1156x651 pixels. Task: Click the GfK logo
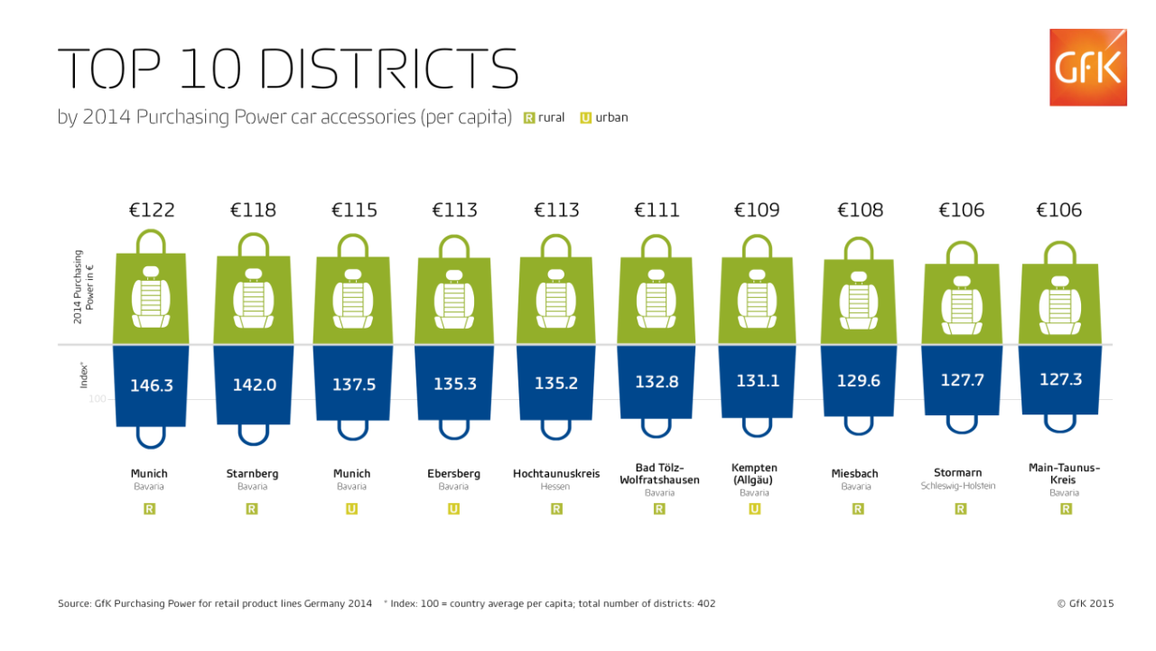point(1088,68)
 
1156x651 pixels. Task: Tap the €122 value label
point(152,210)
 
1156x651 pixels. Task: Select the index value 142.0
point(255,385)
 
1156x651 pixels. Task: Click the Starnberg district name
point(252,473)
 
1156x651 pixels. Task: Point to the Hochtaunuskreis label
point(556,473)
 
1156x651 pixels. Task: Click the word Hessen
point(555,487)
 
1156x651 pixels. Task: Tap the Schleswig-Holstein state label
point(958,486)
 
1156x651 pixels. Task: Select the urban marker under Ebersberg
point(453,509)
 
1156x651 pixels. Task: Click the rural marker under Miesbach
point(858,509)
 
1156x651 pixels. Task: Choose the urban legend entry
point(604,117)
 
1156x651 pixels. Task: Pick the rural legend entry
point(544,117)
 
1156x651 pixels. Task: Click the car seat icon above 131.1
point(757,299)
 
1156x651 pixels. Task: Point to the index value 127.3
point(1060,379)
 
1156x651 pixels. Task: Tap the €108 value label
point(861,210)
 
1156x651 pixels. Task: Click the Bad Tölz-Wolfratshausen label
point(659,473)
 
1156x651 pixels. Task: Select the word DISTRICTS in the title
point(389,69)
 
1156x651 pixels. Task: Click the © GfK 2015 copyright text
point(1086,603)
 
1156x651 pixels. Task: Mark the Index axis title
point(84,376)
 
